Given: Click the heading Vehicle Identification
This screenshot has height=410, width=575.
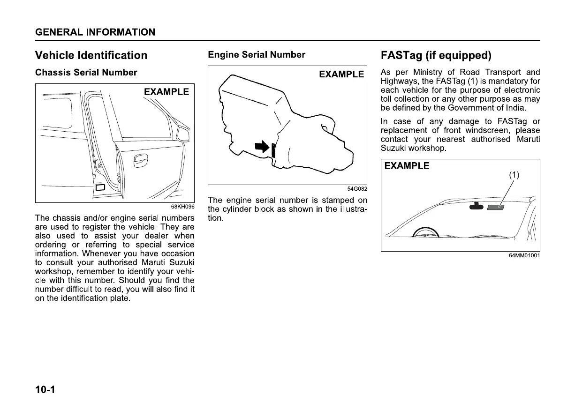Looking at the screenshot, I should pyautogui.click(x=91, y=55).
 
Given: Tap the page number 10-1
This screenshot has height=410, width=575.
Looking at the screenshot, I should pyautogui.click(x=45, y=390).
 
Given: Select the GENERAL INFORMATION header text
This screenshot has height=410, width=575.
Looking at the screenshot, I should pyautogui.click(x=95, y=32).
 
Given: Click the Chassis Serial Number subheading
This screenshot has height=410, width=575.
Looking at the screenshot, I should pyautogui.click(x=86, y=73).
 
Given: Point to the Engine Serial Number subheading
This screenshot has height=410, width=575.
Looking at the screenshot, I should pyautogui.click(x=256, y=55).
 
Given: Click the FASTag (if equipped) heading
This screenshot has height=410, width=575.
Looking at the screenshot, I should pyautogui.click(x=436, y=56).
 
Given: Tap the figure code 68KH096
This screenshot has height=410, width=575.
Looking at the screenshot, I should pyautogui.click(x=183, y=207).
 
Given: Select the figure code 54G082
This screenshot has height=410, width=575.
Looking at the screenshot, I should pyautogui.click(x=357, y=189).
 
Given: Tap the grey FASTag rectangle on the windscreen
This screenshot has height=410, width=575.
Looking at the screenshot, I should pyautogui.click(x=495, y=207).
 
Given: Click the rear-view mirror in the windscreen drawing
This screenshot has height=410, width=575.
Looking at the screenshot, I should pyautogui.click(x=477, y=206).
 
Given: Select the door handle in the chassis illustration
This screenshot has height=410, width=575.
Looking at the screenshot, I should pyautogui.click(x=140, y=161).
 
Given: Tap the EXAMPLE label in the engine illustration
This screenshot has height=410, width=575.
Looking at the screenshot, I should pyautogui.click(x=341, y=74).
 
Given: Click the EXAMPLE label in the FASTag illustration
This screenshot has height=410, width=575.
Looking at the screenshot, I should pyautogui.click(x=407, y=166).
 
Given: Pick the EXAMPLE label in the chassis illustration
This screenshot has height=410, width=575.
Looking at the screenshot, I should pyautogui.click(x=166, y=92).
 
